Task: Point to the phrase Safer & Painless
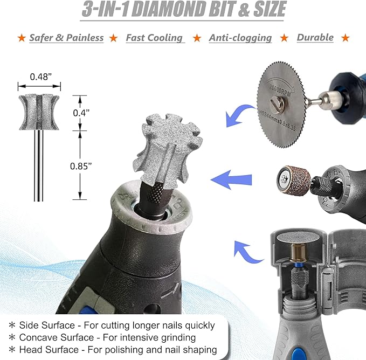tap(66, 38)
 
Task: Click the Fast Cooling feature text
tap(154, 38)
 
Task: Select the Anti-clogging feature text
tap(240, 38)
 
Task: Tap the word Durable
tap(315, 38)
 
